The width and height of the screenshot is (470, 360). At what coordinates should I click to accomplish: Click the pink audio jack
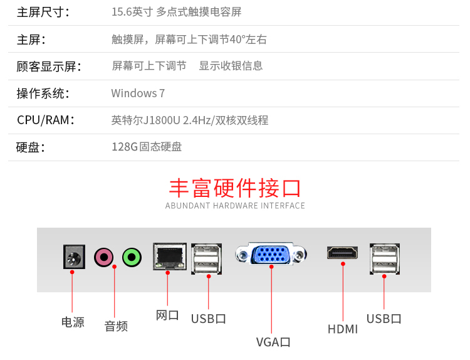(104, 257)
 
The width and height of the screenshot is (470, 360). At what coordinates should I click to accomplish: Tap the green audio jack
(132, 257)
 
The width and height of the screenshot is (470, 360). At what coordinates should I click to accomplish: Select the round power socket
(74, 257)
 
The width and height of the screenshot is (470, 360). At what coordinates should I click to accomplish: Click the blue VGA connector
(271, 255)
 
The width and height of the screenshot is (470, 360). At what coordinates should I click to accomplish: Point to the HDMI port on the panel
(342, 253)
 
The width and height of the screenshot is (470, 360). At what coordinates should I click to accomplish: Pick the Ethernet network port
(168, 257)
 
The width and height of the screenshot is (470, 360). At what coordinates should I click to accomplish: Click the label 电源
(73, 322)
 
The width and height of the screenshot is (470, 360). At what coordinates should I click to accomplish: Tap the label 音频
(116, 326)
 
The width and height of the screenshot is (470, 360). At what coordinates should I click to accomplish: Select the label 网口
(167, 315)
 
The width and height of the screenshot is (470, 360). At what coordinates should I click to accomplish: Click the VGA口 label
(273, 342)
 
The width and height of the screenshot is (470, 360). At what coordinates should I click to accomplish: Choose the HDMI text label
(343, 329)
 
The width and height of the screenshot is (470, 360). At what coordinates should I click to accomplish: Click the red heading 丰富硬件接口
(235, 188)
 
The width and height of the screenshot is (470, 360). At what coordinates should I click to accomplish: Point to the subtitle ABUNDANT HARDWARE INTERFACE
(235, 206)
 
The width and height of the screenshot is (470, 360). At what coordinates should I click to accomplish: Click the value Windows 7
(138, 93)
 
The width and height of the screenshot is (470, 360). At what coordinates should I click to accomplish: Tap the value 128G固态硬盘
(147, 147)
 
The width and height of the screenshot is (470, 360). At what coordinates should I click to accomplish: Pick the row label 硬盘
(31, 147)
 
